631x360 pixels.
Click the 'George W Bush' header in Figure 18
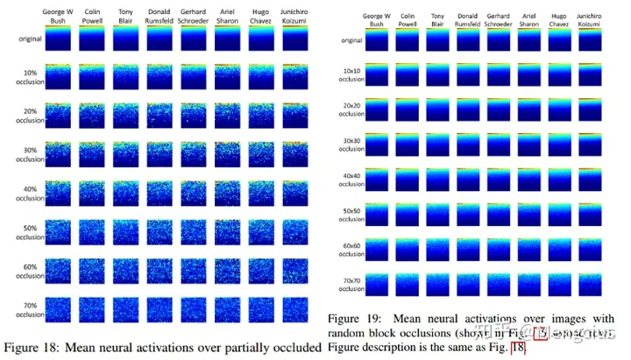pyautogui.click(x=57, y=18)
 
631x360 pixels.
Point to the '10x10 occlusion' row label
pyautogui.click(x=351, y=73)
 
